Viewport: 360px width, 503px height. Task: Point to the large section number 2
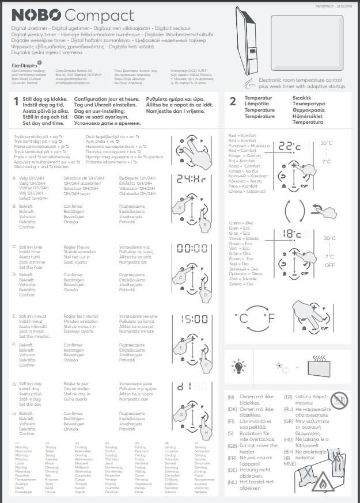click(x=233, y=102)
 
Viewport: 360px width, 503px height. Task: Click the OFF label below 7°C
click(x=329, y=266)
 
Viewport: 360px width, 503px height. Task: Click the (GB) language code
click(x=232, y=445)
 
